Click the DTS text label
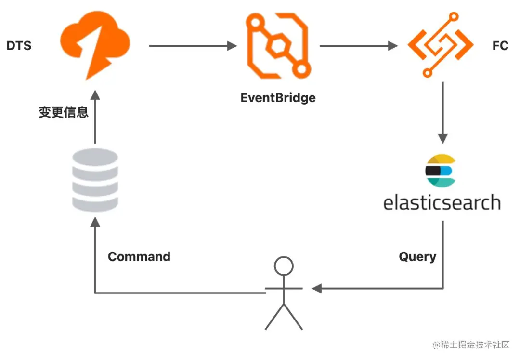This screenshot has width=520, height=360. pyautogui.click(x=19, y=45)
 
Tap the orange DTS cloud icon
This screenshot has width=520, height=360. pyautogui.click(x=95, y=45)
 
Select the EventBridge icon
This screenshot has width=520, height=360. pyautogui.click(x=278, y=45)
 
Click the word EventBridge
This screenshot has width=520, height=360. pyautogui.click(x=278, y=98)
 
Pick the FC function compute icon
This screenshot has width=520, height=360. pyautogui.click(x=441, y=45)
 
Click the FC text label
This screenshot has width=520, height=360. pyautogui.click(x=500, y=45)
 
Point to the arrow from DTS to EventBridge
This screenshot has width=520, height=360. pyautogui.click(x=193, y=45)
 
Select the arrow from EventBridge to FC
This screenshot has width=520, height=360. pyautogui.click(x=359, y=45)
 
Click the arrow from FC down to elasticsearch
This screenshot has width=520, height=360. pyautogui.click(x=443, y=113)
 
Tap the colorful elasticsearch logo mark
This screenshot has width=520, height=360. pyautogui.click(x=441, y=171)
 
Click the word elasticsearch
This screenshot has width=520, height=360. pyautogui.click(x=442, y=202)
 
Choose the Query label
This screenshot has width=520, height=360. pyautogui.click(x=417, y=257)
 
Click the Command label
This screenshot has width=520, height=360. pyautogui.click(x=139, y=256)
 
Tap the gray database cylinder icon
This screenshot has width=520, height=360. pyautogui.click(x=95, y=180)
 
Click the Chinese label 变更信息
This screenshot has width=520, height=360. pyautogui.click(x=64, y=112)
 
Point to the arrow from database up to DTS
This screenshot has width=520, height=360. pyautogui.click(x=95, y=117)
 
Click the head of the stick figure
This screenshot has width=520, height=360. pyautogui.click(x=284, y=266)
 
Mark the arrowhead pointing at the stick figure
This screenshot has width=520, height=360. pyautogui.click(x=317, y=288)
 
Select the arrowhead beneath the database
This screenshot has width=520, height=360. pyautogui.click(x=95, y=222)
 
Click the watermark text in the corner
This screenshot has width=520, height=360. pyautogui.click(x=471, y=345)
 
